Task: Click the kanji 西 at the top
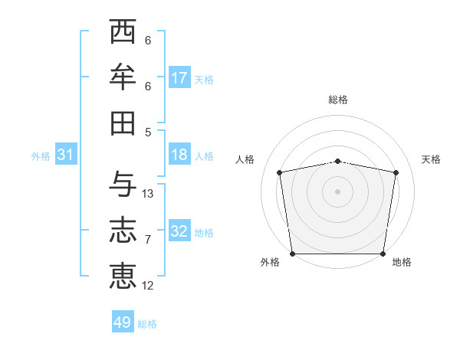coord(123,33)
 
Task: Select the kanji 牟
coord(123,77)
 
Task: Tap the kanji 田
coord(123,123)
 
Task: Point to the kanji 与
coord(123,184)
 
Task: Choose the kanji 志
coord(123,230)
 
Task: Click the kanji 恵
coord(123,275)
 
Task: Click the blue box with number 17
coord(179,78)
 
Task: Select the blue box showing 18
coord(179,155)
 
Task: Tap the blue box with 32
coord(179,231)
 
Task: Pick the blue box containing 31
coord(66,155)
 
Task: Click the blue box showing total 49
coord(123,322)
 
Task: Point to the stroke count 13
coord(148,194)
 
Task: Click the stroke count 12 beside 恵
coord(148,286)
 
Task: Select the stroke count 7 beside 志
coord(148,240)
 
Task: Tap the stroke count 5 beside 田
coord(148,132)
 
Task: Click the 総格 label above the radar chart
coord(337,100)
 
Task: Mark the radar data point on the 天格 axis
coord(396,172)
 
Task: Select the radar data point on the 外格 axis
coord(292,254)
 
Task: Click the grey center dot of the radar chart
coord(337,191)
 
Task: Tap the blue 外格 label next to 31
coord(41,156)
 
